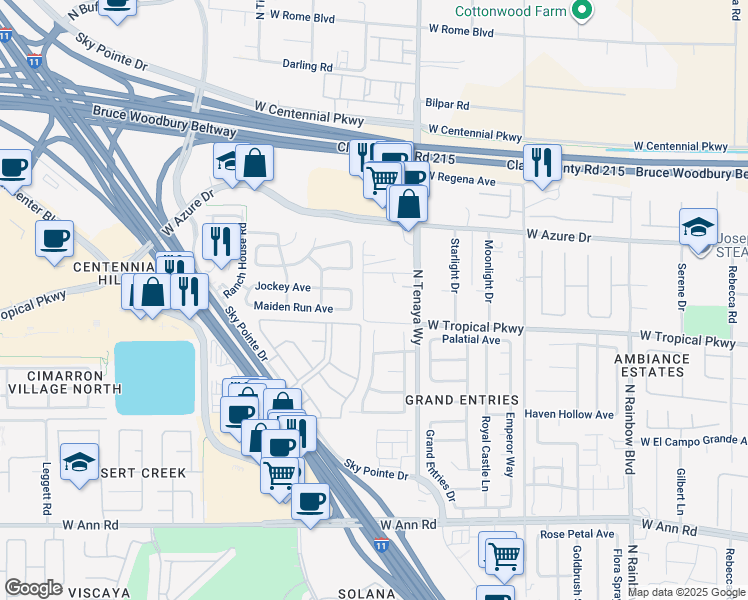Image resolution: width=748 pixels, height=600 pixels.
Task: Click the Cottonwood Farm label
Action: tap(510, 12)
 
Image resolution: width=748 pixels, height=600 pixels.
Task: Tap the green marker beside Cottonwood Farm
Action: tap(582, 12)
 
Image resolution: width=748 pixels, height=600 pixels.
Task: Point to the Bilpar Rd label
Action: tap(447, 104)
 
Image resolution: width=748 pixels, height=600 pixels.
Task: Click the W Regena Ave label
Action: tap(461, 181)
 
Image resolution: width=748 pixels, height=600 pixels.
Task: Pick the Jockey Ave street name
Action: tap(283, 287)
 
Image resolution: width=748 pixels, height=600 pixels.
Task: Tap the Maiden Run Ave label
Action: tap(293, 308)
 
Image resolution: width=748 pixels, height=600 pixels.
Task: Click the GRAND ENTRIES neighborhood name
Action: tap(462, 400)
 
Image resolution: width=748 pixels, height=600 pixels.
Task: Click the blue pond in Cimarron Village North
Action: tap(155, 377)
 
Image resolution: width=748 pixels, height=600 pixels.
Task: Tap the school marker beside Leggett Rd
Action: tap(79, 462)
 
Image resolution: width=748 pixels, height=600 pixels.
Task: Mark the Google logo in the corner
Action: tap(33, 588)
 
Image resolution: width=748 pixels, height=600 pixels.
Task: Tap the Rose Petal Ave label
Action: tap(577, 535)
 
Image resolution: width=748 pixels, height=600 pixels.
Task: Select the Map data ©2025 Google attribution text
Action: tap(686, 592)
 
